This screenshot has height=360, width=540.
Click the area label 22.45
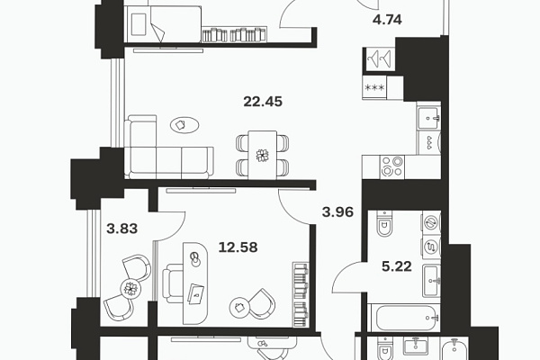(263, 102)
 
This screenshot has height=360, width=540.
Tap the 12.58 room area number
(238, 247)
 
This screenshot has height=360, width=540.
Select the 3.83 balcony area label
(121, 229)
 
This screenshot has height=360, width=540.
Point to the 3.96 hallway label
(337, 211)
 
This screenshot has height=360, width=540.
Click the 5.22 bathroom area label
(397, 266)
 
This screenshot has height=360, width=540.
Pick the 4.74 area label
(387, 20)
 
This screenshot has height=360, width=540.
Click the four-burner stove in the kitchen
(392, 166)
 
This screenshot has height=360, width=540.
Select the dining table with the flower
(263, 155)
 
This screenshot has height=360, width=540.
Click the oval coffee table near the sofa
(184, 125)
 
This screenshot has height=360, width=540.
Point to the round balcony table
(130, 289)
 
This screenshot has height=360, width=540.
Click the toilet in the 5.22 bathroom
(384, 224)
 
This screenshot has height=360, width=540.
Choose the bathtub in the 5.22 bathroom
(403, 318)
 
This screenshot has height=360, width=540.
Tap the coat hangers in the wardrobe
(380, 58)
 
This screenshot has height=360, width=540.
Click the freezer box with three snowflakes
(374, 87)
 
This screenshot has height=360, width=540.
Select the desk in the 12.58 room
(195, 283)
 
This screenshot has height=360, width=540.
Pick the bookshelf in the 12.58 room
(301, 294)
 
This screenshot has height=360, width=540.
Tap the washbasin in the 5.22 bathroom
(431, 281)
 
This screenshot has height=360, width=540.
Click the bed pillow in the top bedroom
(139, 24)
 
